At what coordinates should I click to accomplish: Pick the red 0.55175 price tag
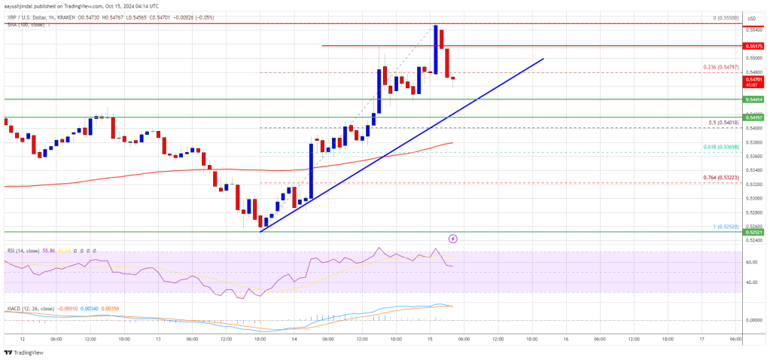click(x=752, y=46)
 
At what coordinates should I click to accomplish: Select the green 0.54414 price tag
click(x=752, y=99)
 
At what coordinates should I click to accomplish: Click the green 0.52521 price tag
click(x=752, y=233)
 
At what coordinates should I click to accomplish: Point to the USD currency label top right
click(x=751, y=17)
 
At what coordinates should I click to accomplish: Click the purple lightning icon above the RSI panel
click(x=453, y=239)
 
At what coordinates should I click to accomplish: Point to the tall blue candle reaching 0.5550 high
click(x=435, y=49)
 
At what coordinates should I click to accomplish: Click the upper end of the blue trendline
click(x=541, y=58)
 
